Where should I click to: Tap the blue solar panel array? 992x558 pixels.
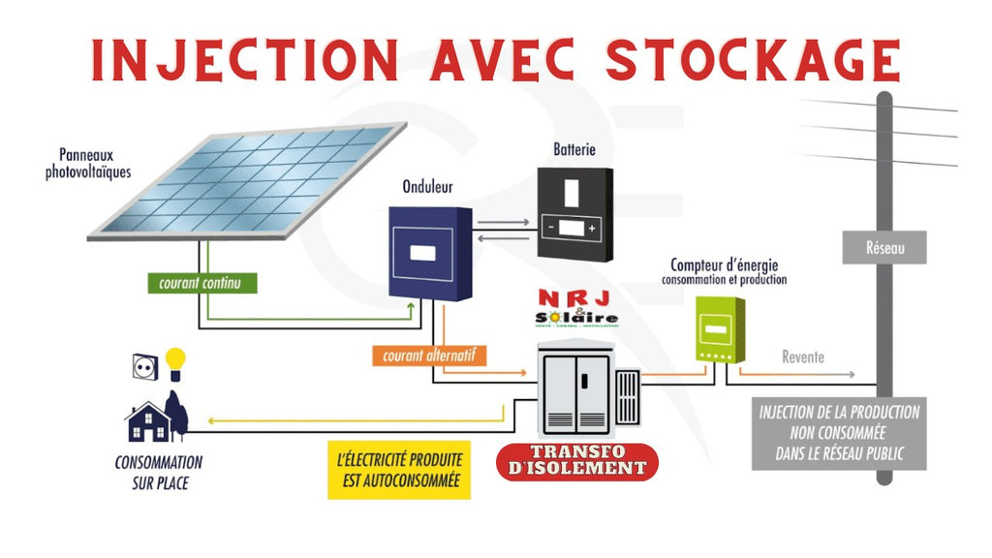(x=247, y=180)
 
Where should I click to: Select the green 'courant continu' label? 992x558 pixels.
(x=201, y=284)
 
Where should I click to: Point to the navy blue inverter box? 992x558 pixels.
(x=429, y=252)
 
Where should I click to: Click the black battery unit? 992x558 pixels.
(x=575, y=213)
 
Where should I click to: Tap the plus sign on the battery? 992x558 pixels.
(x=591, y=229)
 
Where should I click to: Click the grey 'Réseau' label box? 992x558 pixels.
(x=883, y=248)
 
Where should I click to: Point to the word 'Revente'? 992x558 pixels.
(x=803, y=357)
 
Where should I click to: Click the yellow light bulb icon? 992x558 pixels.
(x=174, y=362)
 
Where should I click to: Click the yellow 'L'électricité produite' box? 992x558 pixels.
(x=398, y=470)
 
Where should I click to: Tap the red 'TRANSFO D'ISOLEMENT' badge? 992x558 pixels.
(x=576, y=461)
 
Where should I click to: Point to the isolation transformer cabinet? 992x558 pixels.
(x=577, y=392)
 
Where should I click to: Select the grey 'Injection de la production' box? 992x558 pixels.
(x=839, y=432)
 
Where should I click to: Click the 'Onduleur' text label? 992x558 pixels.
(x=427, y=187)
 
